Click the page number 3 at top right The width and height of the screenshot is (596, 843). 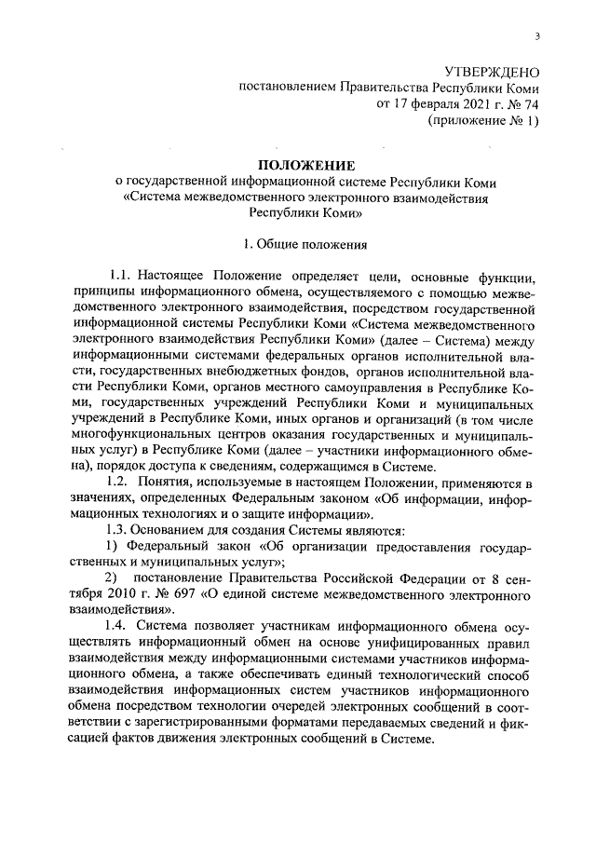[538, 36]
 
